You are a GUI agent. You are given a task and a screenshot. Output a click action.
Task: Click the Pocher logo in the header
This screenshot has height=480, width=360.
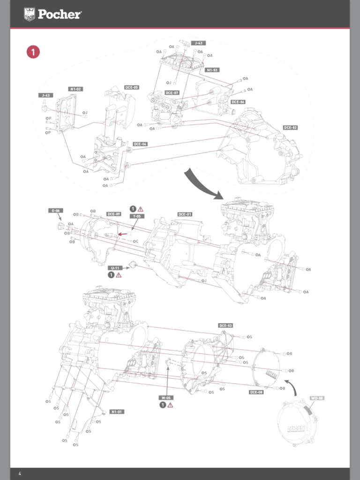(x=52, y=14)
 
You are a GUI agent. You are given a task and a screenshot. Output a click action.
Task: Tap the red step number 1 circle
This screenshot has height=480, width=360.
(x=33, y=52)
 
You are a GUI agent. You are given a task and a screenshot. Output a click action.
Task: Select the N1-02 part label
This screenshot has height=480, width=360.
(x=75, y=89)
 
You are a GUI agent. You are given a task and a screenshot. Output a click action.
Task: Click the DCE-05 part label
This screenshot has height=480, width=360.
(x=132, y=87)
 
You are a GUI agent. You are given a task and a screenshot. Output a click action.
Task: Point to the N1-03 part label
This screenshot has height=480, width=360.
(x=213, y=70)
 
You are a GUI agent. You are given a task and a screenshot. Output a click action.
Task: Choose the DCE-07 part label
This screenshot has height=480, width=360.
(x=172, y=93)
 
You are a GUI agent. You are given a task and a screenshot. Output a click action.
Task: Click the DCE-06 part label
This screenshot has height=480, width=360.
(x=238, y=102)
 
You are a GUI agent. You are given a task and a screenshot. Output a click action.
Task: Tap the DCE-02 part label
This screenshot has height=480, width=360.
(x=290, y=128)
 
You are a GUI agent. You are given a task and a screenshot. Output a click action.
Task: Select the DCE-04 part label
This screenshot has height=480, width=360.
(x=140, y=144)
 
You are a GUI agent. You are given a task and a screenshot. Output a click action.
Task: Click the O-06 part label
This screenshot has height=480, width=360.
(x=55, y=211)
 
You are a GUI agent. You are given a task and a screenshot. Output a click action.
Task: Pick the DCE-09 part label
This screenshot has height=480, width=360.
(x=114, y=214)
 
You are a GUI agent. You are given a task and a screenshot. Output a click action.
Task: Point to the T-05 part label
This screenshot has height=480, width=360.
(x=137, y=216)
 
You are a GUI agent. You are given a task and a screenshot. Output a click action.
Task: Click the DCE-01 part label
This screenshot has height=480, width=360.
(x=185, y=214)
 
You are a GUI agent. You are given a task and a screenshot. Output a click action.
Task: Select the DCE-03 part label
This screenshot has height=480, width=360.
(x=225, y=325)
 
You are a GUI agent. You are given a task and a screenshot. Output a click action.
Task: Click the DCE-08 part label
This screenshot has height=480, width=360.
(x=256, y=392)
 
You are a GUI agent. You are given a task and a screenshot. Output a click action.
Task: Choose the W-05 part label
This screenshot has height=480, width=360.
(x=166, y=397)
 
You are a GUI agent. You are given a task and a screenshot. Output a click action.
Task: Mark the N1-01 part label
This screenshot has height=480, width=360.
(x=117, y=411)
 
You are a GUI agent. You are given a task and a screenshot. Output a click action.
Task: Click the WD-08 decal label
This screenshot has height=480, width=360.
(x=317, y=398)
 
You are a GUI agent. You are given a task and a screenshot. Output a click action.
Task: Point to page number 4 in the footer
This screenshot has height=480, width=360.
(x=20, y=473)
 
